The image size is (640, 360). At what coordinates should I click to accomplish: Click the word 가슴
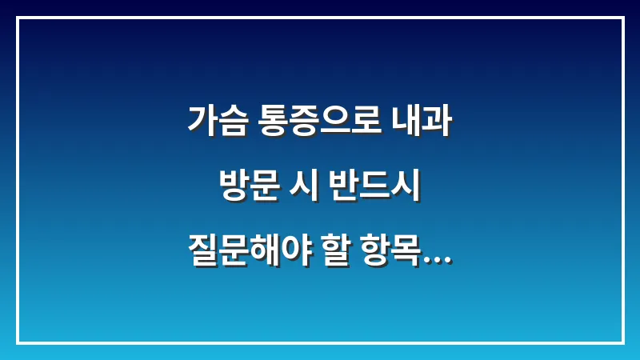pyautogui.click(x=217, y=121)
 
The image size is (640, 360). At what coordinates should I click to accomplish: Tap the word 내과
pyautogui.click(x=423, y=121)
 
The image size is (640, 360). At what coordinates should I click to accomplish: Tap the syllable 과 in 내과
pyautogui.click(x=438, y=121)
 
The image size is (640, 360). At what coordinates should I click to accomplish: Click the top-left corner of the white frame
pyautogui.click(x=18, y=18)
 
